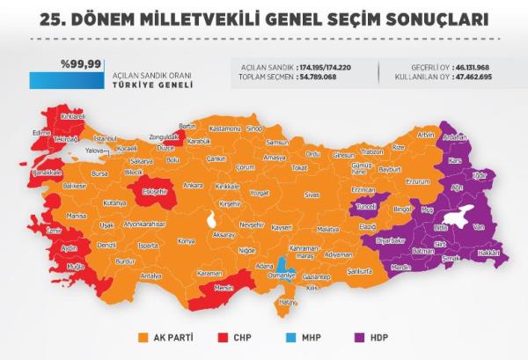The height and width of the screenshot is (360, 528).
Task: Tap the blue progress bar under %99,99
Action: click(67, 80)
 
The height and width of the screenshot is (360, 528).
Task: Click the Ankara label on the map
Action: click(192, 186)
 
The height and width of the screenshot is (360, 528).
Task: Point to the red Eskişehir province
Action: click(155, 193)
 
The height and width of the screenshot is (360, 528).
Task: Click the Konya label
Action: click(186, 240)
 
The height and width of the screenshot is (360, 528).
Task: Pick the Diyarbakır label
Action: click(390, 239)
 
